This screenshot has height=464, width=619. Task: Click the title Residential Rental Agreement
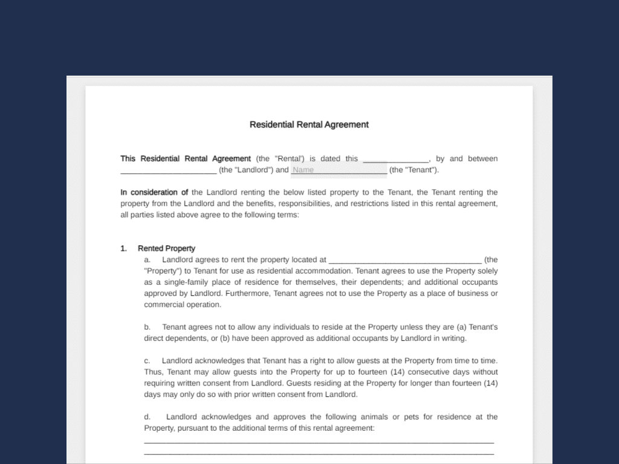coord(309,124)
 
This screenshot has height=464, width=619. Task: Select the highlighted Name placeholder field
coord(339,170)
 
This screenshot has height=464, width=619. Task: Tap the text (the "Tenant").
coord(414,170)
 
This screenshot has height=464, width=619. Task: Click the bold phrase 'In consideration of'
coord(154,192)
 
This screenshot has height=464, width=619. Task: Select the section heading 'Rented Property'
coord(166,248)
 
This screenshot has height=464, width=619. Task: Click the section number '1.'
coord(123,248)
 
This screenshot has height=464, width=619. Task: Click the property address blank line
coord(404,261)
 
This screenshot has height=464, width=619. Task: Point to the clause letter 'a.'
coord(147,260)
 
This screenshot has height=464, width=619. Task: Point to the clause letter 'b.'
coord(147,327)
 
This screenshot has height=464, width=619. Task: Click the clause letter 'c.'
coord(147,361)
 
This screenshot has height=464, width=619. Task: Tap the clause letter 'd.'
coord(147,417)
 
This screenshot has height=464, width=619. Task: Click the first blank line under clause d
coord(319,442)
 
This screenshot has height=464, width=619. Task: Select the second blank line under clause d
coord(319,454)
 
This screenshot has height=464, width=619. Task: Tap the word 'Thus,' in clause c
coord(154,372)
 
